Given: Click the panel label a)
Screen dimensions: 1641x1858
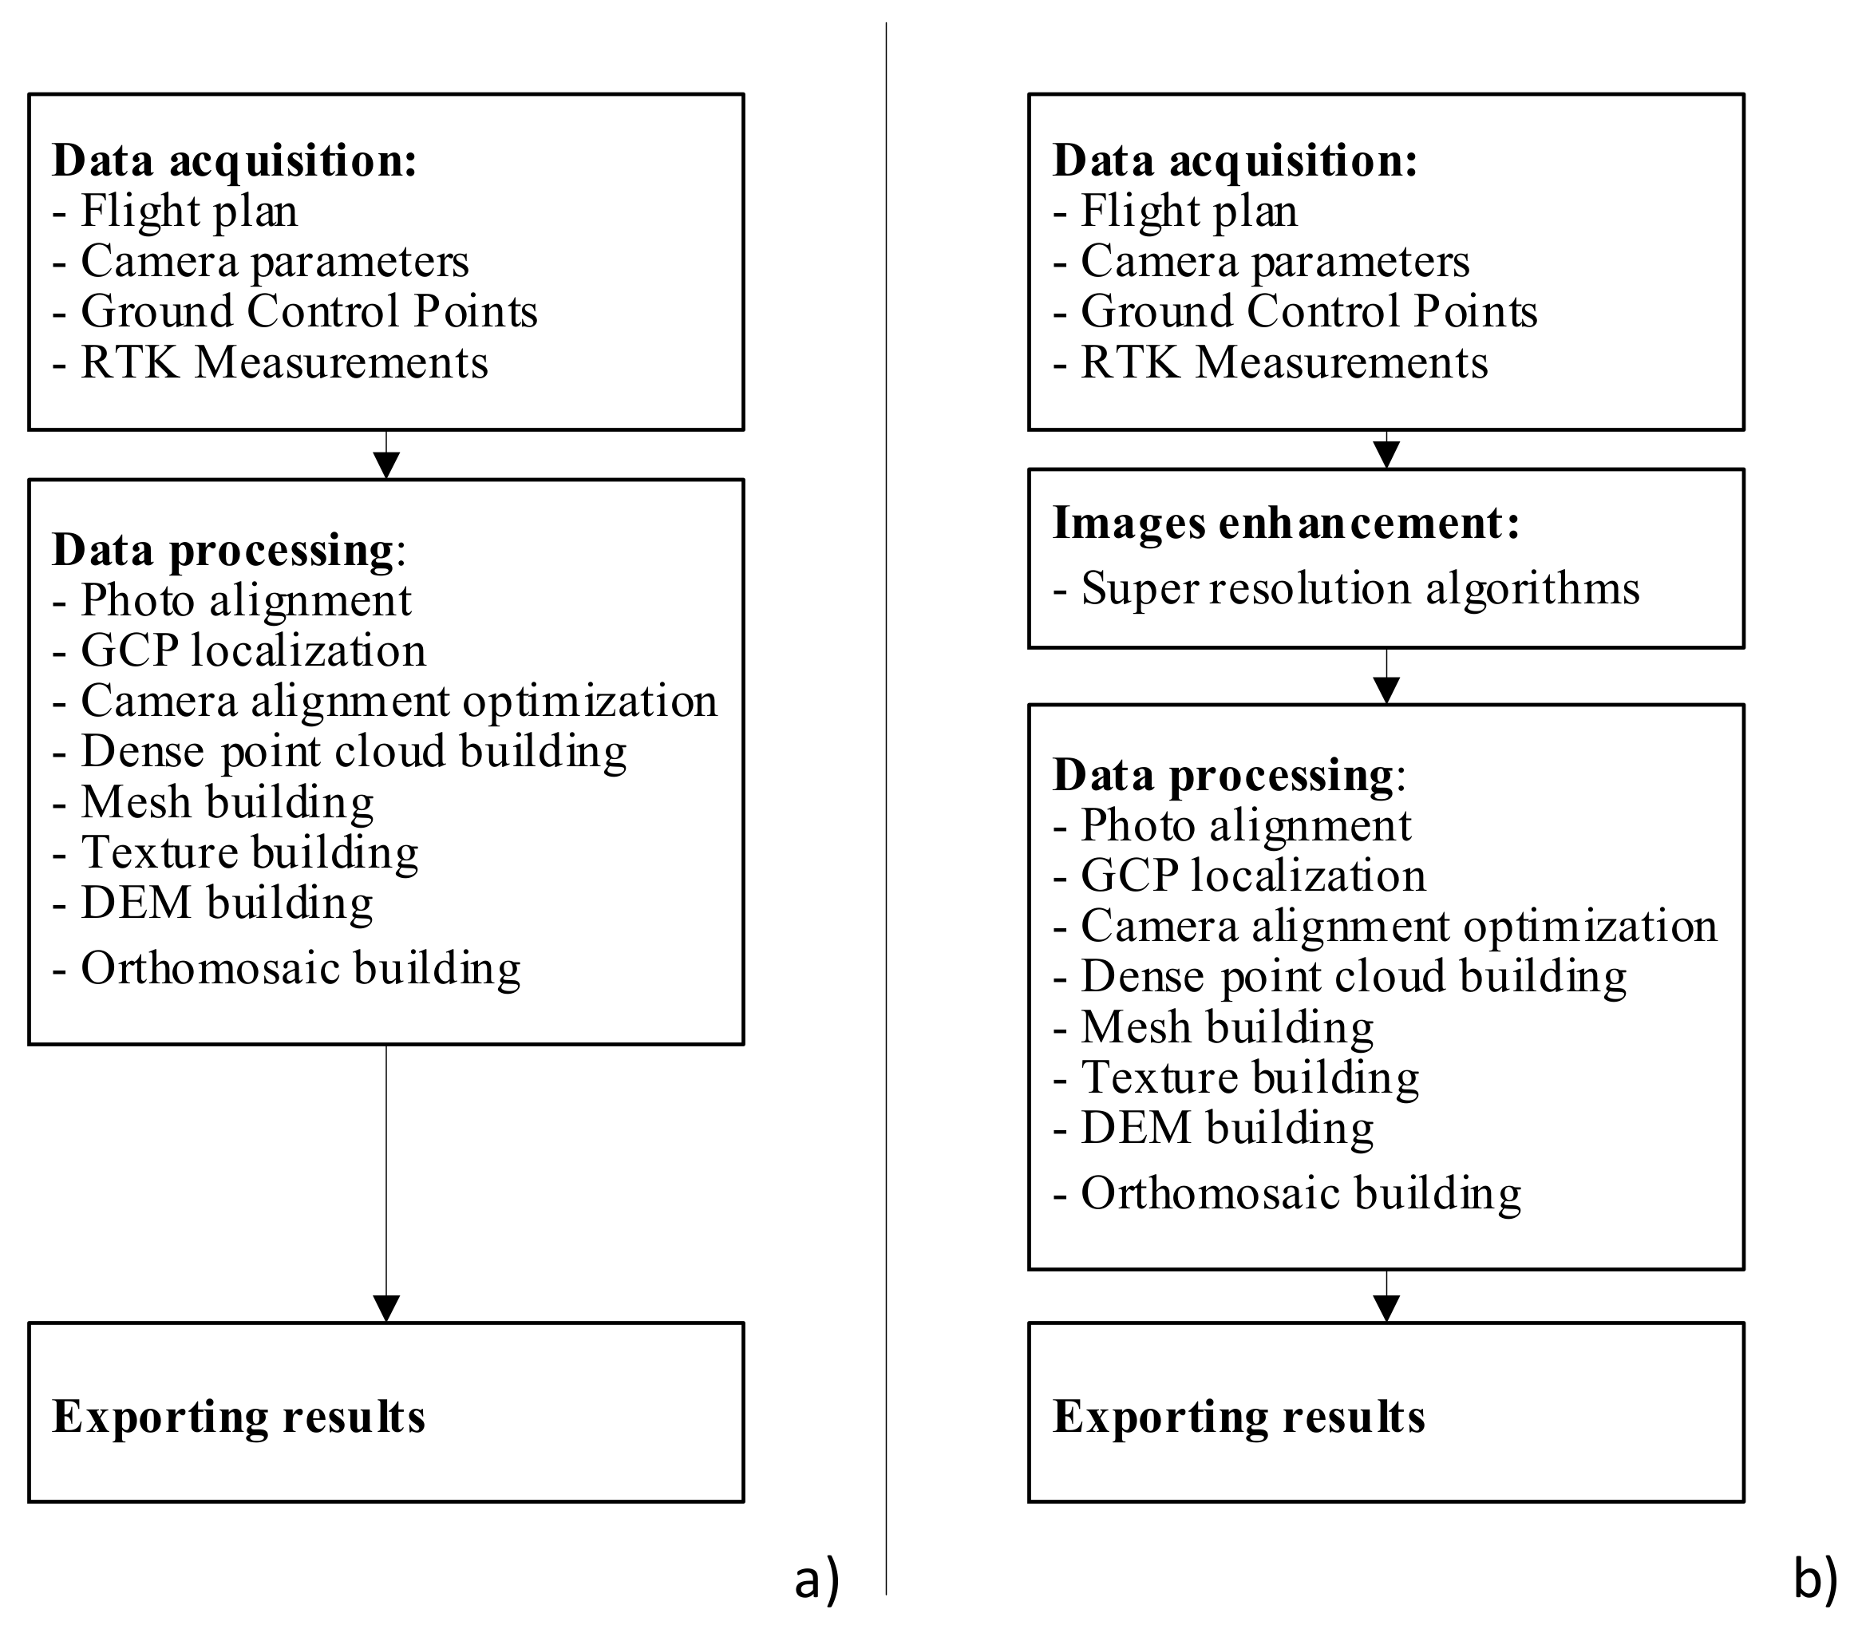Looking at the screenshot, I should tap(816, 1580).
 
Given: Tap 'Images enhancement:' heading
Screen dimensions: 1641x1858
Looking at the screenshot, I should tap(1285, 524).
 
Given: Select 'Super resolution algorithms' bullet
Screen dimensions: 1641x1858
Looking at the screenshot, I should tap(1360, 588).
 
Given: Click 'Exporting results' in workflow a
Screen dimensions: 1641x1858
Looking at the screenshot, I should tap(239, 1417).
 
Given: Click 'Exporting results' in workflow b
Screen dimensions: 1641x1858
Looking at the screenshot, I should tap(1239, 1417).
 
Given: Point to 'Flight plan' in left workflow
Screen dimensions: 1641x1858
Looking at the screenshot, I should tap(189, 211).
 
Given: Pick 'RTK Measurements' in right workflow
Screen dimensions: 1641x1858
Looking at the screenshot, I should tap(1283, 362).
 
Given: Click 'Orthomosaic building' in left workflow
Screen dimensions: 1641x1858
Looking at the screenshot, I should tap(300, 968).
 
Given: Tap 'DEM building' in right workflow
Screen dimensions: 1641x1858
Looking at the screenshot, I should tap(1226, 1129).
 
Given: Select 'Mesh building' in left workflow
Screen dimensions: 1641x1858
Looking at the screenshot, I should tap(227, 803).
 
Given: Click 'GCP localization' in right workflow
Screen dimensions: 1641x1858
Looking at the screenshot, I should tap(1252, 876).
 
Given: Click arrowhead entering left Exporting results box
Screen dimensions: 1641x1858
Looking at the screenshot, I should tap(386, 1308).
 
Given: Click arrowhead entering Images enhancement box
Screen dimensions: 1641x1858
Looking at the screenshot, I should tap(1386, 455).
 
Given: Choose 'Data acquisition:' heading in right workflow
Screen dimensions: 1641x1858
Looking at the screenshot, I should tap(1235, 161).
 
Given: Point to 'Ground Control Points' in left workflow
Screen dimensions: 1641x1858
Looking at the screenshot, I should tap(309, 312).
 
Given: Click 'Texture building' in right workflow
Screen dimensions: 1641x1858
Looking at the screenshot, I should tap(1249, 1078).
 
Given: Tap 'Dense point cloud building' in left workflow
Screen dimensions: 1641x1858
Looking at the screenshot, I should tap(354, 752).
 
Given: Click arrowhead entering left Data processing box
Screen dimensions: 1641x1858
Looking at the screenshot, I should tap(386, 465).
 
